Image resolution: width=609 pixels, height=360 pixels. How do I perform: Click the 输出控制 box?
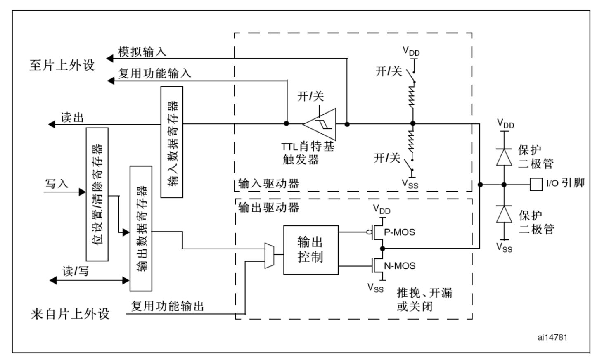coord(310,250)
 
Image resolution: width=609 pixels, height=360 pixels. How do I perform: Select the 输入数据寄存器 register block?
coord(172,142)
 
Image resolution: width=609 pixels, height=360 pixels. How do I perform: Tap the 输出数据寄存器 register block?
coord(141,228)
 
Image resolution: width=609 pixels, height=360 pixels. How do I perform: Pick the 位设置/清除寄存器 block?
coord(97,194)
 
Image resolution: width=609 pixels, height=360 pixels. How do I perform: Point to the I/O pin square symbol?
coord(536,184)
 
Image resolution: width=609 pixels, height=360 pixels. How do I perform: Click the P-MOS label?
coord(399,232)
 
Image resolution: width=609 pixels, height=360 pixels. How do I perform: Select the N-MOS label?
coord(399,266)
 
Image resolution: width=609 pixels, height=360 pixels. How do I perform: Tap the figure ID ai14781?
coord(552,337)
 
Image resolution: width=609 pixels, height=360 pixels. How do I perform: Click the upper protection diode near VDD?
coord(504,157)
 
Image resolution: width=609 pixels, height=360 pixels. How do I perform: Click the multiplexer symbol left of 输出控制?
coord(269,255)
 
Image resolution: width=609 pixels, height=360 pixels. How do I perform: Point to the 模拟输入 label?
coord(142,52)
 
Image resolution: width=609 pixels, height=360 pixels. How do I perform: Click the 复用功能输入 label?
coord(154,73)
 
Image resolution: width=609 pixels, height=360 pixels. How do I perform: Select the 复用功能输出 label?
coord(167,306)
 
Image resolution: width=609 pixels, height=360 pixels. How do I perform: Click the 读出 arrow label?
coord(72,118)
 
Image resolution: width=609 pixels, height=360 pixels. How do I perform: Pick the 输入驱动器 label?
coord(268,184)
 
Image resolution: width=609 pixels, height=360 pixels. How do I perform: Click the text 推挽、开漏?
coord(424,293)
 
